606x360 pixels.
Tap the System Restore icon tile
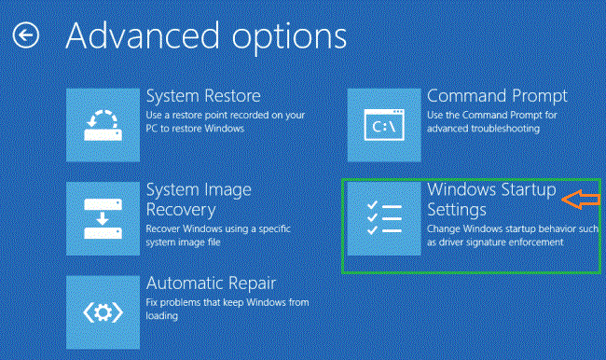[x=103, y=121]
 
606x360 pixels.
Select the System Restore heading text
[x=203, y=96]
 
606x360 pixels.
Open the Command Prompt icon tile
[x=382, y=121]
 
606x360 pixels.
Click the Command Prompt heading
[x=497, y=96]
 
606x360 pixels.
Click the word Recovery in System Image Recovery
[x=181, y=210]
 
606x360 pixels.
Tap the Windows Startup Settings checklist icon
[x=382, y=217]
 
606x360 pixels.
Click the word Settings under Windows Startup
[x=457, y=209]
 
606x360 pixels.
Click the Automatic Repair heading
[x=212, y=283]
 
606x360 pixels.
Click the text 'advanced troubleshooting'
[x=483, y=128]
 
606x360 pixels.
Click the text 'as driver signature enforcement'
[x=495, y=242]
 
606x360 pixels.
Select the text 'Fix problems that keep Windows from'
[x=227, y=303]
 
